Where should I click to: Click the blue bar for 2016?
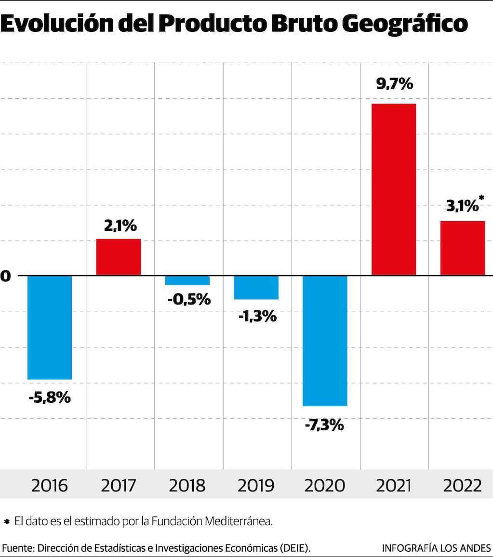(x=50, y=327)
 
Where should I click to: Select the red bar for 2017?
(x=119, y=257)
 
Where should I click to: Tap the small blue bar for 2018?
(x=187, y=280)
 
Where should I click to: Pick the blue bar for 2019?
(x=256, y=288)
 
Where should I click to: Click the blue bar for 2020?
(x=325, y=341)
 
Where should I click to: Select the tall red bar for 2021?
(x=394, y=189)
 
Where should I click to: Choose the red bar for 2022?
(x=463, y=248)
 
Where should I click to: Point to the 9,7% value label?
(x=395, y=84)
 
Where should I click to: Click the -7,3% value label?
(x=324, y=425)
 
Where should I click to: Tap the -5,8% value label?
(x=50, y=398)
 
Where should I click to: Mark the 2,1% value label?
(x=119, y=225)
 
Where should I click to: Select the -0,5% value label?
(x=189, y=299)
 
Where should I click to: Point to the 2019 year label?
(x=256, y=485)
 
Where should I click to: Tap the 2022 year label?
(x=463, y=485)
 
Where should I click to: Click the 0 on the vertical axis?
(x=5, y=276)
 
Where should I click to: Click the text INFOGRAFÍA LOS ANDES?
(x=436, y=548)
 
